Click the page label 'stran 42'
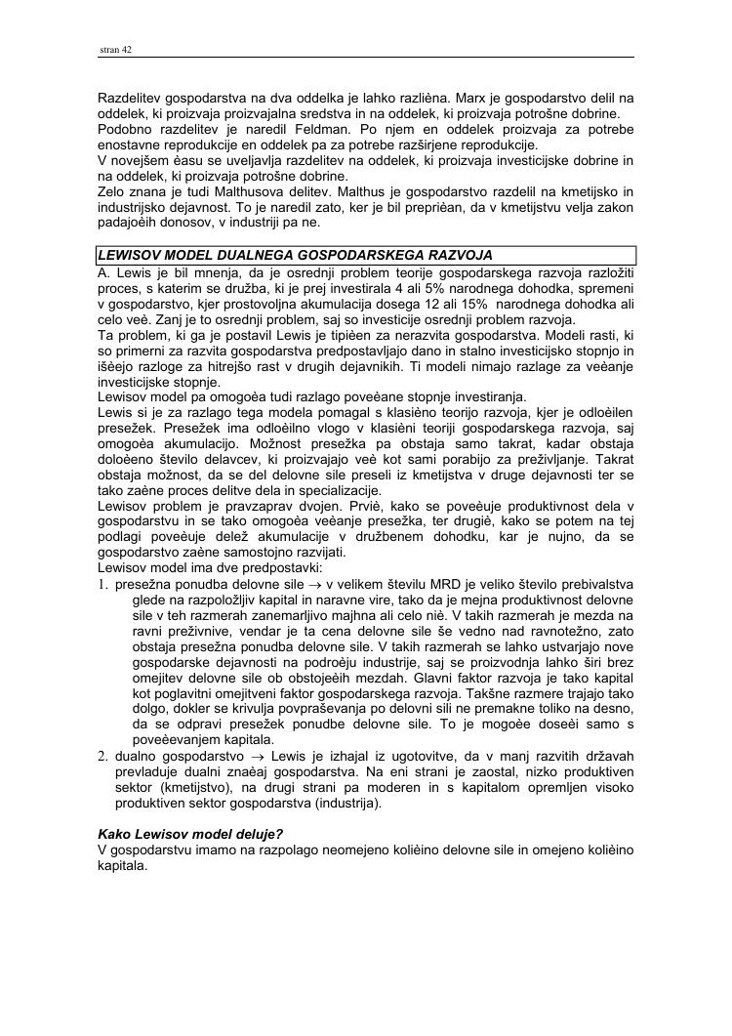(116, 50)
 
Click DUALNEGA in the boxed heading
(281, 255)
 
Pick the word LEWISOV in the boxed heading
(131, 255)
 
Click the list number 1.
(102, 584)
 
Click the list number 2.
(102, 756)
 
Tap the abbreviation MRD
(432, 584)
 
